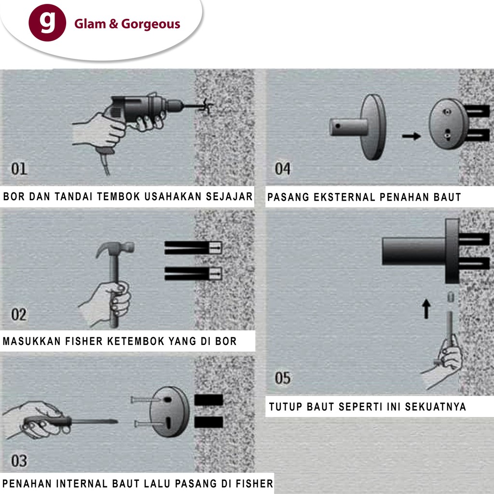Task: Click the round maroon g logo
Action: click(47, 23)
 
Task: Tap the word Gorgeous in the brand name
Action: click(151, 24)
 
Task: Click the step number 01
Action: click(19, 169)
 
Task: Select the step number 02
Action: click(19, 315)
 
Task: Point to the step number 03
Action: click(19, 461)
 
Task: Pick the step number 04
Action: click(283, 169)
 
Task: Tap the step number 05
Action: click(283, 378)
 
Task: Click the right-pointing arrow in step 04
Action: click(412, 136)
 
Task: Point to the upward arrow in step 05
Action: click(426, 309)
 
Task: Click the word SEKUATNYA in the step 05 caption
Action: click(436, 407)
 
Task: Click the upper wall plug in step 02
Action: click(193, 248)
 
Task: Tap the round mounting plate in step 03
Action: click(169, 412)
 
